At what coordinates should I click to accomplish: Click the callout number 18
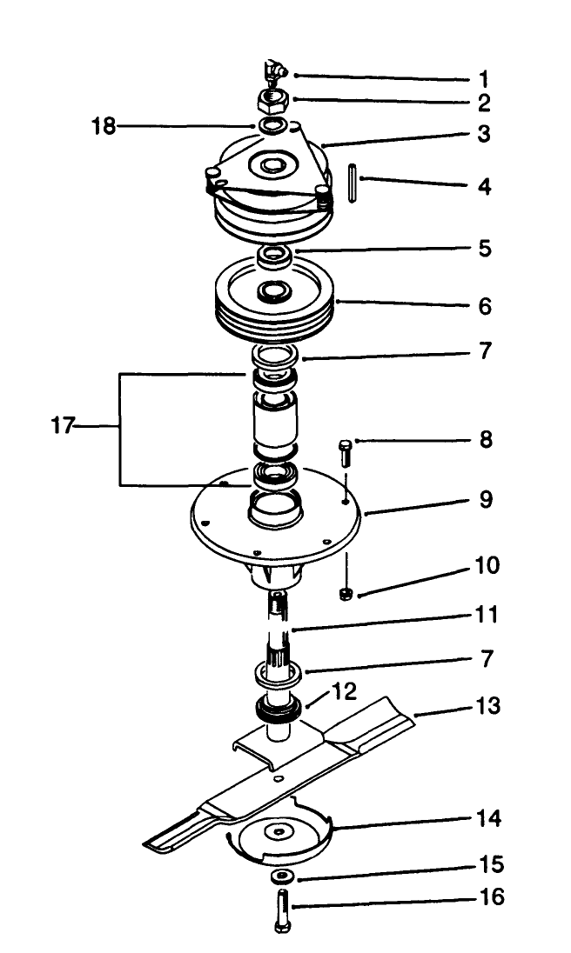point(104,126)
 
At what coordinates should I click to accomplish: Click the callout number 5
point(483,250)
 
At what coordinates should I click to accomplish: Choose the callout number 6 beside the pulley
point(484,306)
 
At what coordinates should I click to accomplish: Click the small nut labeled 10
point(346,594)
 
